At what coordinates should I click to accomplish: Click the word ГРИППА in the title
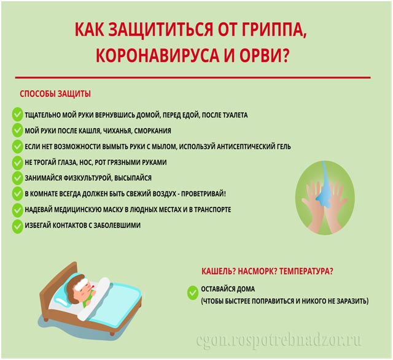click(275, 30)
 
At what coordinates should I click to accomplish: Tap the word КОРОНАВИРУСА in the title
click(157, 55)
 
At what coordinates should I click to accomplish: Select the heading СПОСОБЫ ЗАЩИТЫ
click(55, 94)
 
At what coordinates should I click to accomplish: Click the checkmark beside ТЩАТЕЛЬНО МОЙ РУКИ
click(17, 115)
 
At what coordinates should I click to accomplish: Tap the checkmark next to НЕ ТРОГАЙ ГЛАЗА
click(17, 163)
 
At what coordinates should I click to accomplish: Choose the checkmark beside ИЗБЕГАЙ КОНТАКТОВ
click(17, 226)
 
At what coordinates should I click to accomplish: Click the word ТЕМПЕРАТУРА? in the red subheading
click(306, 271)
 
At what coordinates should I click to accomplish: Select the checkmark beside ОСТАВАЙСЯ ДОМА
click(192, 293)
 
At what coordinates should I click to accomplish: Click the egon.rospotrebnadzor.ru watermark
click(279, 340)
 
